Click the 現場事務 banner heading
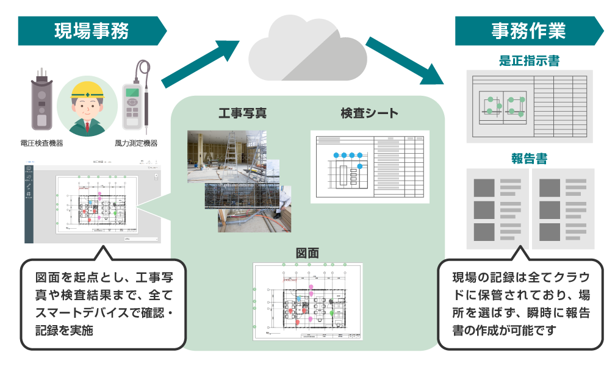91,30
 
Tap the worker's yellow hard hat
87,90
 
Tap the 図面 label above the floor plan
307,253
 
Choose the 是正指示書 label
529,61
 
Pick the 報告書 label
529,159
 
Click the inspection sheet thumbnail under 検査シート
370,166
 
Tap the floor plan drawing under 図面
307,301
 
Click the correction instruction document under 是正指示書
529,106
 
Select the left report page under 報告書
497,209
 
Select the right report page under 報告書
563,209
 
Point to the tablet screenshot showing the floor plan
93,201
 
